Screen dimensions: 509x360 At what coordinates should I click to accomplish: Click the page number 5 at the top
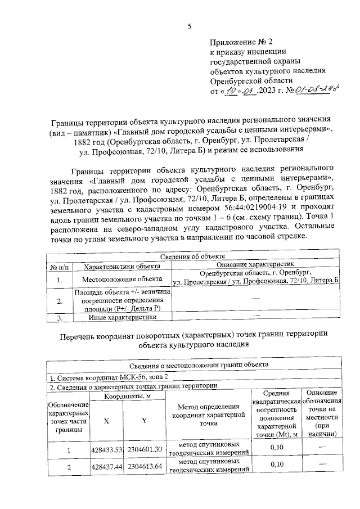(190, 26)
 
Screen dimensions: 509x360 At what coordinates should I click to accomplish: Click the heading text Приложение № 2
(241, 42)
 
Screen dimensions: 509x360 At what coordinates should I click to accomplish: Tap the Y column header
(145, 421)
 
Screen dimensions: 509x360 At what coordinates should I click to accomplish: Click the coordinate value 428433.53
(106, 449)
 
